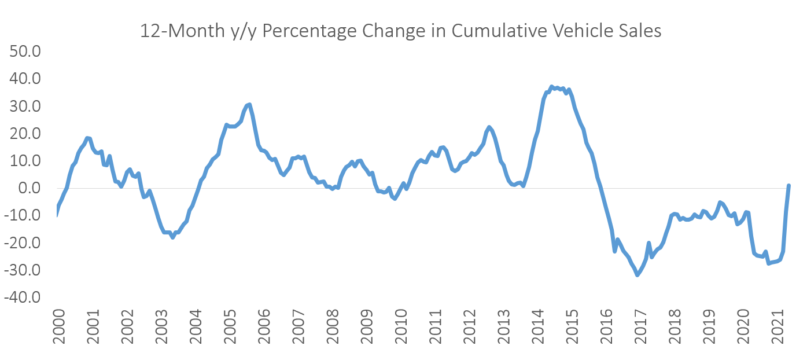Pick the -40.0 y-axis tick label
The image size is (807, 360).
[x=21, y=297]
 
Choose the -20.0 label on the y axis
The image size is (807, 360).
[x=21, y=243]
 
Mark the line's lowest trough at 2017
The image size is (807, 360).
[x=638, y=275]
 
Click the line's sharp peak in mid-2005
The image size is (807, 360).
[x=249, y=104]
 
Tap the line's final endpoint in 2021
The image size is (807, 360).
[x=788, y=186]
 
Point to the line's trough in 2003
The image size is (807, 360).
[x=172, y=237]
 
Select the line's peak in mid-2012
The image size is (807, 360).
[x=489, y=127]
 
